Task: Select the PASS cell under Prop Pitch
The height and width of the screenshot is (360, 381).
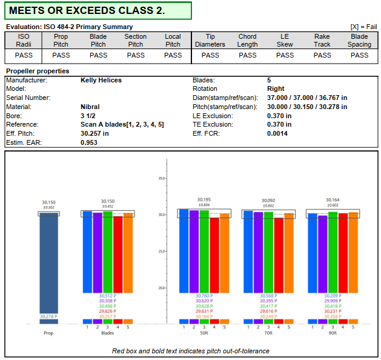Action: click(x=61, y=55)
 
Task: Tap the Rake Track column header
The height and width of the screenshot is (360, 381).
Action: click(x=322, y=41)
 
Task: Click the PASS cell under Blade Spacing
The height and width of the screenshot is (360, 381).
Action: click(x=359, y=55)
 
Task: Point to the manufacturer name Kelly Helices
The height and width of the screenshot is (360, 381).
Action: click(x=101, y=80)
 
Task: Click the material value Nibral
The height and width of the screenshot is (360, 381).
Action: click(x=90, y=107)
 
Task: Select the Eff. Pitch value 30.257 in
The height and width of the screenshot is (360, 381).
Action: click(x=94, y=133)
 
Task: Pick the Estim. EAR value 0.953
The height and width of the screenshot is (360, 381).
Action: click(x=90, y=142)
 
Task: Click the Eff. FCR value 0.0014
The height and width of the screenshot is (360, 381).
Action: click(x=277, y=133)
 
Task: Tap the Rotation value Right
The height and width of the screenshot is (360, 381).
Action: click(x=276, y=89)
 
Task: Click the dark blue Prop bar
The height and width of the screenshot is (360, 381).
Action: click(x=49, y=261)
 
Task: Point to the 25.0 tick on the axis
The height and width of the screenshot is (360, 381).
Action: click(x=162, y=252)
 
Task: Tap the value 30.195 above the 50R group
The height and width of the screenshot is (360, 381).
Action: click(x=204, y=199)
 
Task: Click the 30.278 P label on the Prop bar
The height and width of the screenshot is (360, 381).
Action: click(x=48, y=316)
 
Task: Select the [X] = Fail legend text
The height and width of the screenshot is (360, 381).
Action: click(x=363, y=27)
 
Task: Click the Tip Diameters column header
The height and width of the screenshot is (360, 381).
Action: click(x=210, y=41)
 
